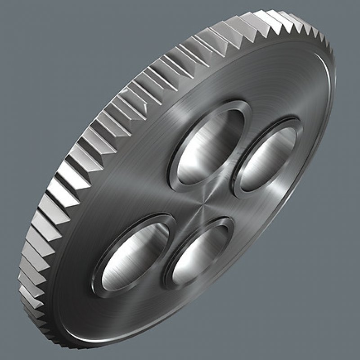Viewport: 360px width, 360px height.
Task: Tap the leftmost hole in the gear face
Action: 135,254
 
